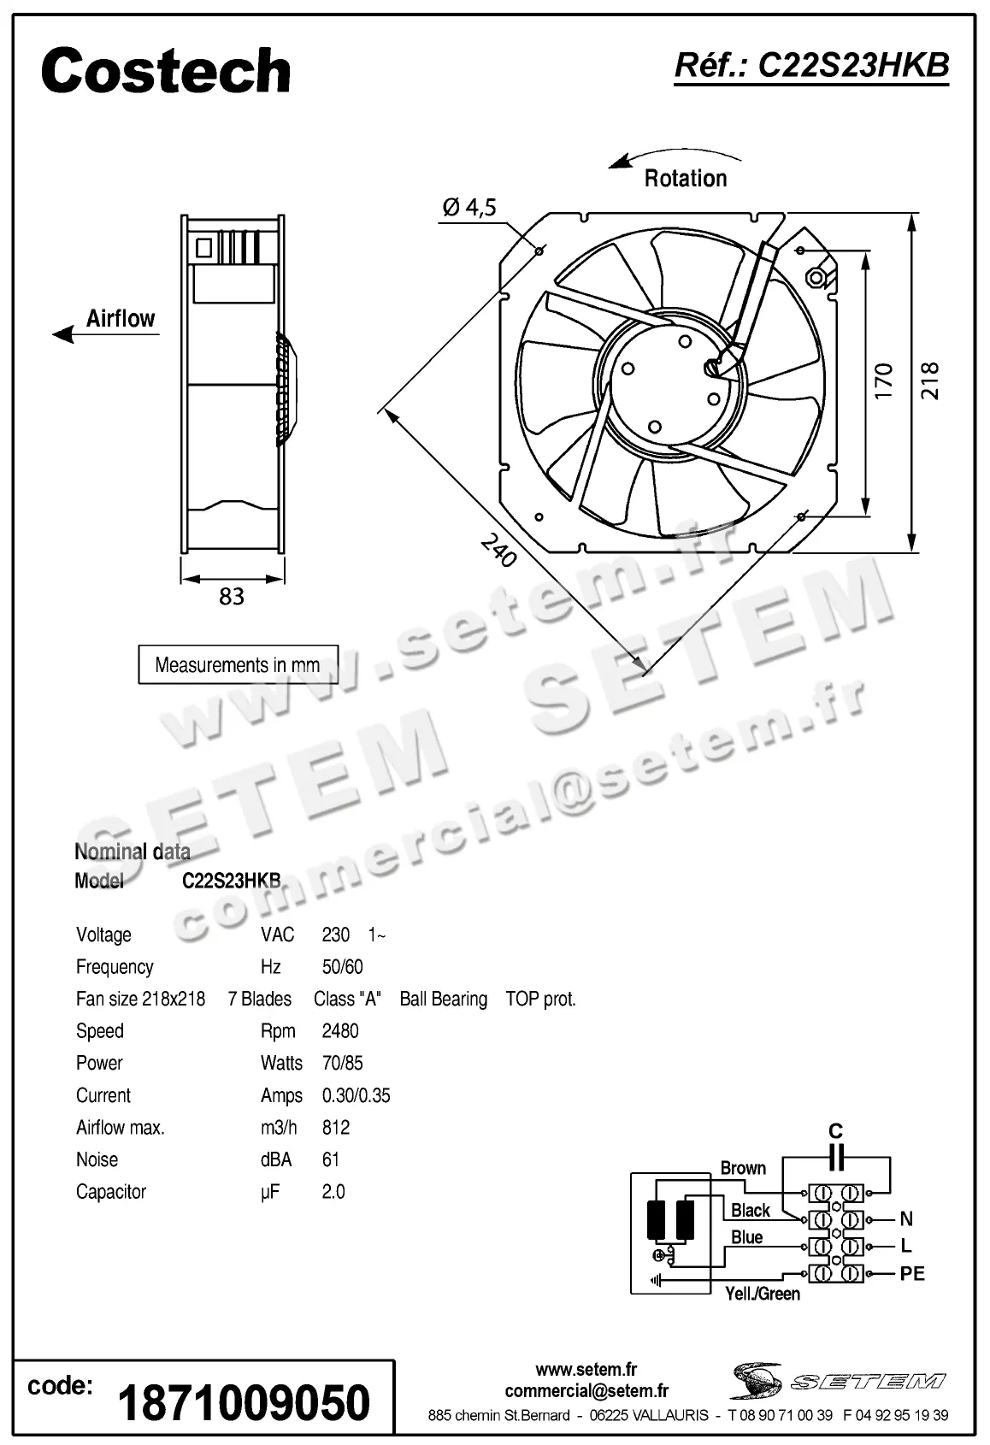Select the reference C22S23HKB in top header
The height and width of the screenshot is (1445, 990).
pos(811,66)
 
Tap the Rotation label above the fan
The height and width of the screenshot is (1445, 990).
pos(685,179)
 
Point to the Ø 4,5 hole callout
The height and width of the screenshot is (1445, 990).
pos(469,207)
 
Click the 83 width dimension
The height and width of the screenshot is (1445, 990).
pos(232,596)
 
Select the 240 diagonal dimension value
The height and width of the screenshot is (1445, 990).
pos(498,551)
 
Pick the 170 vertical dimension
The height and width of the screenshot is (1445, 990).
pos(884,381)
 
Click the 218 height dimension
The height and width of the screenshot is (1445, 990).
pos(930,381)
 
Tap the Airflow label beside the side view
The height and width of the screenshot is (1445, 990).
pos(121,319)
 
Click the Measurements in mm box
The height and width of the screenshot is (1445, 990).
pos(238,665)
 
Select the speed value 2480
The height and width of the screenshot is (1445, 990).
pos(340,1031)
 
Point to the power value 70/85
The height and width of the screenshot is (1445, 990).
pos(342,1064)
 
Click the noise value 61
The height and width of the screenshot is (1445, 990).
pos(331,1160)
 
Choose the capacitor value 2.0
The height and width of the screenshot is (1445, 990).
pos(333,1192)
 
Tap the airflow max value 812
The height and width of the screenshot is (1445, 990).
pos(336,1128)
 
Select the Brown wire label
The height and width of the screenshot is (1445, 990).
pos(743,1168)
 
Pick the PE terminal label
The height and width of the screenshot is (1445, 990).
pos(912,1274)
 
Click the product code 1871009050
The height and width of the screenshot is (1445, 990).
pos(245,1403)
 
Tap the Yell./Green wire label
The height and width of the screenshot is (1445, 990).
pos(763,1295)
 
